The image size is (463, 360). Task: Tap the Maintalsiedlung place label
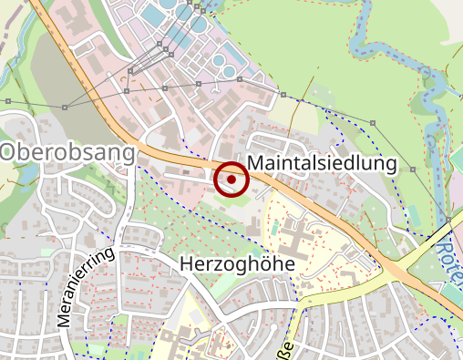point(323,163)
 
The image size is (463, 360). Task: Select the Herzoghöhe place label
point(238,263)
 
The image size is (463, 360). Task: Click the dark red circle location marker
point(231,180)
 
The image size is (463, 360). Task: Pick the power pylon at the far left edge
point(7,99)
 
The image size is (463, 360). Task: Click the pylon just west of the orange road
point(66,106)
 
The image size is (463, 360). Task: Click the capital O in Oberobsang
point(12,152)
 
